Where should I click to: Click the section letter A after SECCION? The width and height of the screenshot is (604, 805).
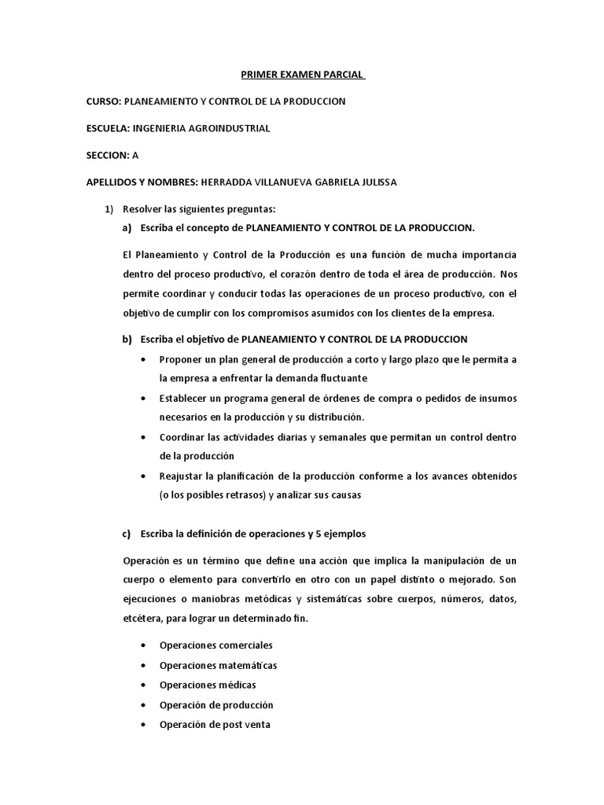(x=135, y=155)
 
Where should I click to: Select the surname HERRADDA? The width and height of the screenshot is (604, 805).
(x=230, y=182)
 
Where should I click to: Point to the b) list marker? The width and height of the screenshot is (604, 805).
(x=127, y=339)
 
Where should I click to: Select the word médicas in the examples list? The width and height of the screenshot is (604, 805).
(x=237, y=685)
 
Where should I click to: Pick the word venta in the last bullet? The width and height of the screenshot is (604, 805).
(x=256, y=724)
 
